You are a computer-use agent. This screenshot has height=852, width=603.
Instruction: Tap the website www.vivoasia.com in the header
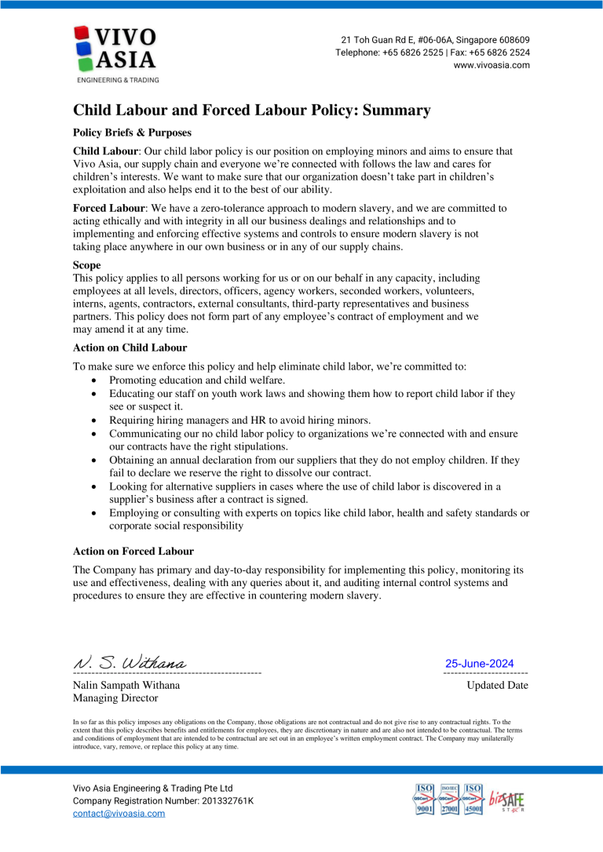click(492, 65)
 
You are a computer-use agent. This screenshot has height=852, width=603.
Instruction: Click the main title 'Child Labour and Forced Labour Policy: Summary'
click(252, 111)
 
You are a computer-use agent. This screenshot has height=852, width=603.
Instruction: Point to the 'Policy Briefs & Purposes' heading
click(132, 133)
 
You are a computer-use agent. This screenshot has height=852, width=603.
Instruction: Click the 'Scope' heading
click(86, 265)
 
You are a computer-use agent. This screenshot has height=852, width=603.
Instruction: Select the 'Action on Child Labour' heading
click(130, 347)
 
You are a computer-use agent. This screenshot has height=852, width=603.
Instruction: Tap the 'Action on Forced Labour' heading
click(133, 551)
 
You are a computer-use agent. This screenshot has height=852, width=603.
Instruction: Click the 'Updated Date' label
click(497, 686)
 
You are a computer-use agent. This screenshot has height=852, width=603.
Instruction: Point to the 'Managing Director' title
click(115, 697)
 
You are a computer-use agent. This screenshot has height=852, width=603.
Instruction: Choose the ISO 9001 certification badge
click(425, 799)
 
